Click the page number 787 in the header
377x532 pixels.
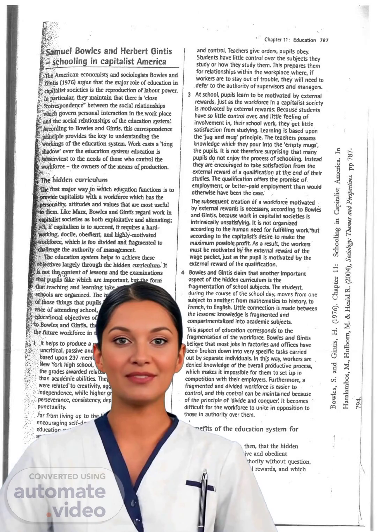pos(324,40)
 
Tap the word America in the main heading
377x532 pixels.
pos(151,62)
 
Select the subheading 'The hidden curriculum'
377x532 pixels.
pos(74,180)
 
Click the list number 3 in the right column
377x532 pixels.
pos(189,95)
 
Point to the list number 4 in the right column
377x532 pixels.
pos(183,273)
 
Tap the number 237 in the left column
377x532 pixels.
pos(74,357)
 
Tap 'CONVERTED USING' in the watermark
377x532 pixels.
pos(67,476)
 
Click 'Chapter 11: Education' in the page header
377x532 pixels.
pos(290,40)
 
